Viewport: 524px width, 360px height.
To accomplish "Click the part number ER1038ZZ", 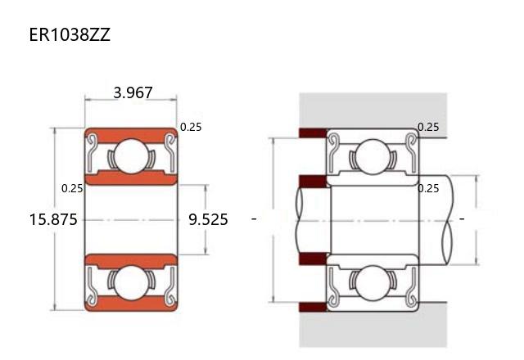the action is tap(70, 34).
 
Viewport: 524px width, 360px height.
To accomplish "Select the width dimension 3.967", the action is tap(133, 92).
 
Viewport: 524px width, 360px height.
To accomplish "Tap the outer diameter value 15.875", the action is tap(53, 219).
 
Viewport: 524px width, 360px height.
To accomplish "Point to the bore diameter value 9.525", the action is tap(208, 219).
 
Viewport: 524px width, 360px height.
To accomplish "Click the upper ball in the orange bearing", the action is tap(131, 156).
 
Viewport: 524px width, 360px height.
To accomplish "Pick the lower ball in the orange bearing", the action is tap(131, 283).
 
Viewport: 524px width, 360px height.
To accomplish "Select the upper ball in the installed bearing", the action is tap(373, 156).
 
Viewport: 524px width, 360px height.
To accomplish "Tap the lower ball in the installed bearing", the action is tap(373, 283).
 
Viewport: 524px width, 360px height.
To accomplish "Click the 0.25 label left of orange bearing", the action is tap(72, 188).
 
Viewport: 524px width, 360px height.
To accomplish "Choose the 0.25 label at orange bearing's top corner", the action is tap(191, 127).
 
